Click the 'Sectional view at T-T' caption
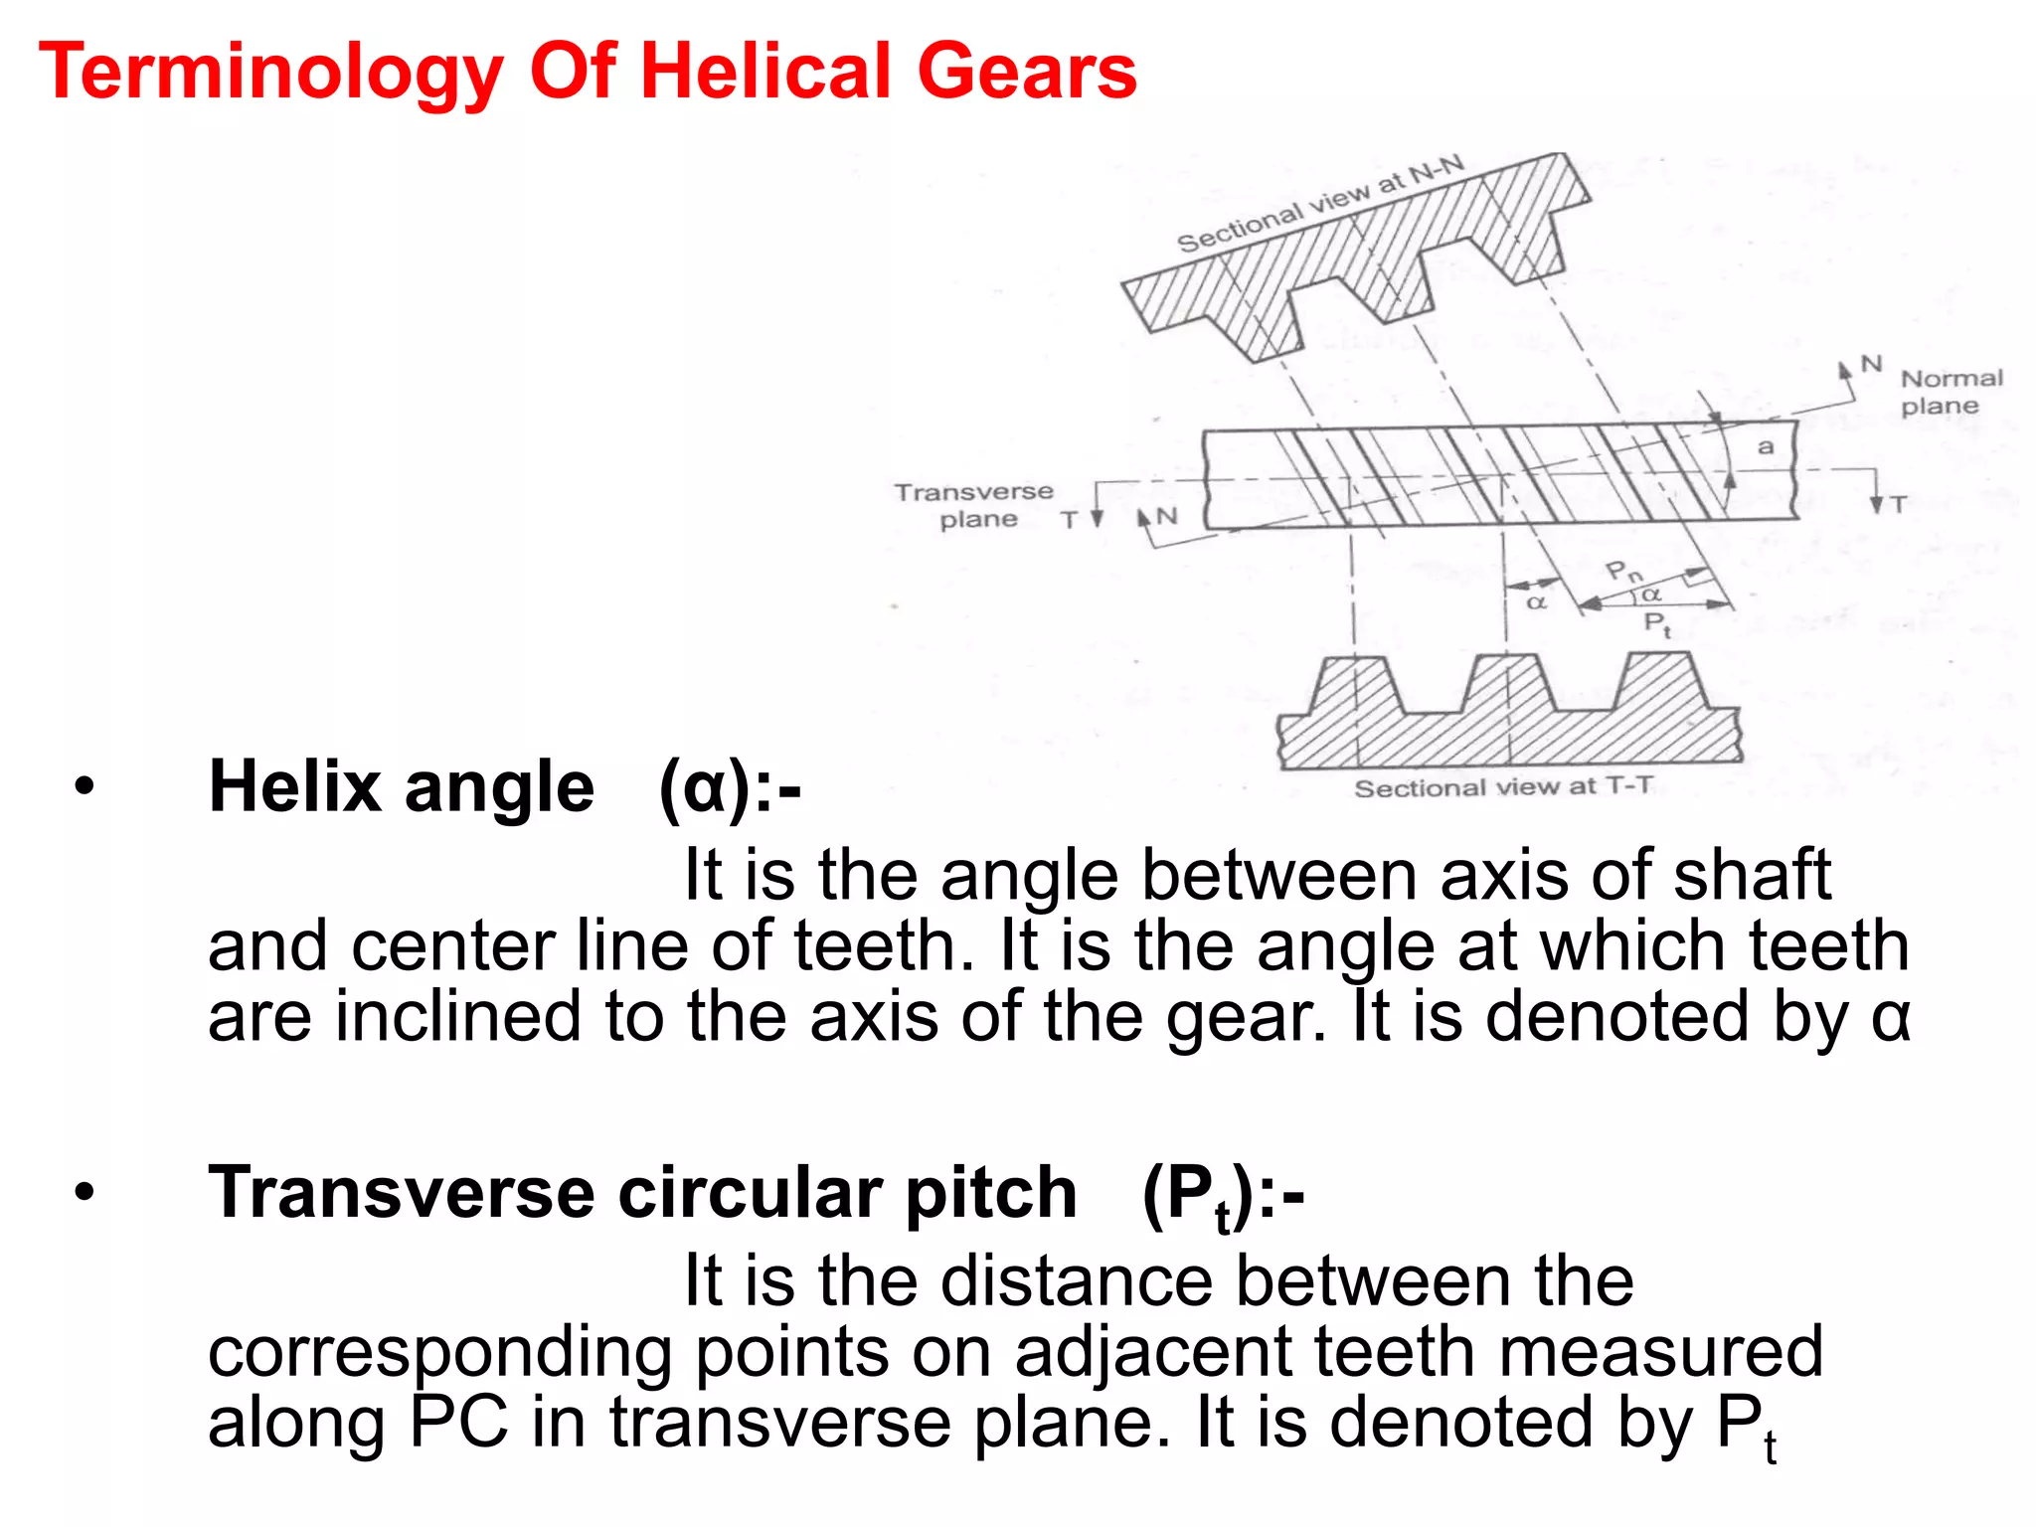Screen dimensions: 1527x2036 [x=1503, y=787]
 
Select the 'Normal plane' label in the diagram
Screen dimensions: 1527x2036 [x=1951, y=392]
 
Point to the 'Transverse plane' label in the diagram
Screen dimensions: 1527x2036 [x=974, y=505]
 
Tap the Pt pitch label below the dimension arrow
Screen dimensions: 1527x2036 [x=1656, y=624]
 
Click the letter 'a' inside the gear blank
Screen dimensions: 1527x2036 [x=1766, y=447]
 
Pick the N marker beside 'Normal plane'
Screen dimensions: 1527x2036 [x=1871, y=364]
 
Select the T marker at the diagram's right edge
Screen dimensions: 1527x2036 [x=1899, y=504]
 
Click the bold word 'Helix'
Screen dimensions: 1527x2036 [x=294, y=787]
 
